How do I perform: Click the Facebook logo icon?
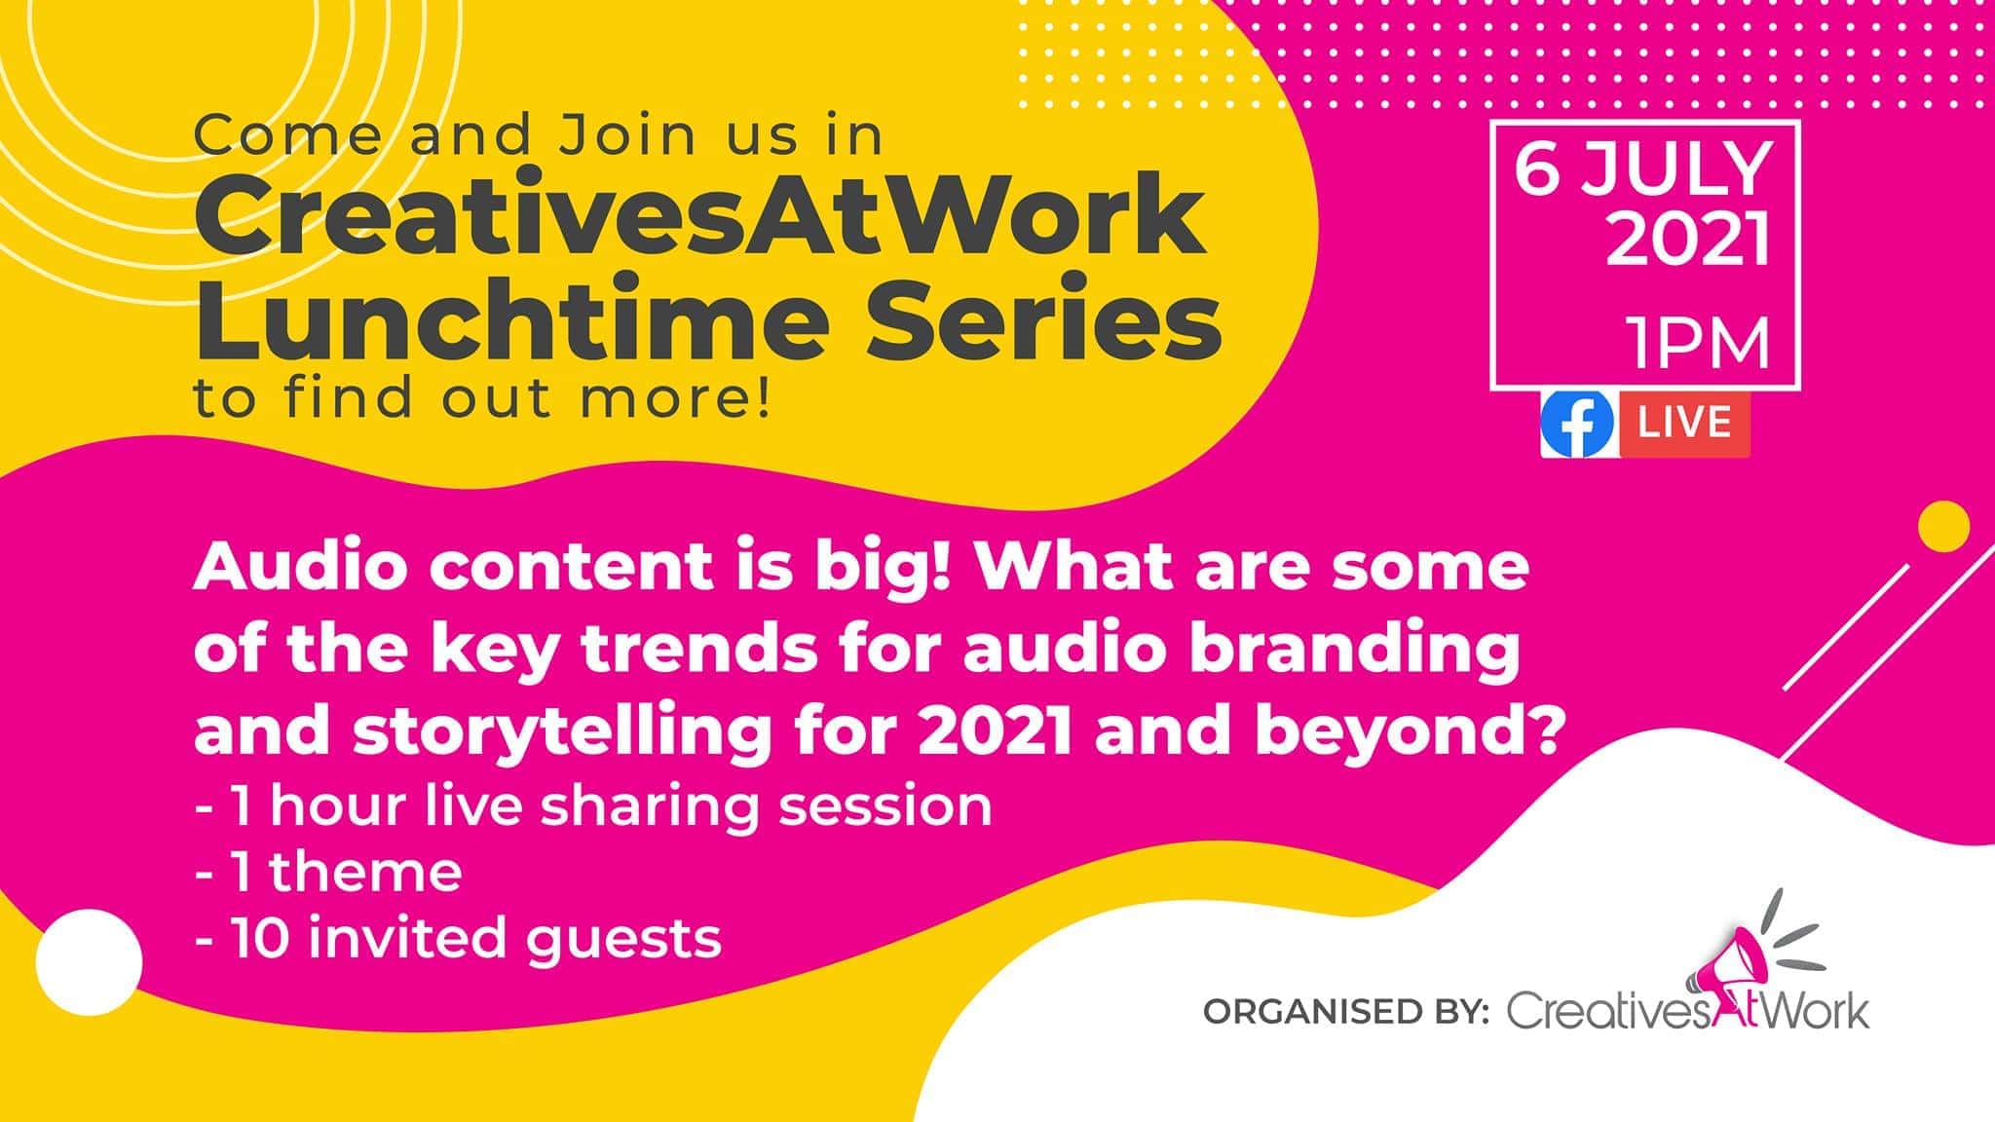(x=1577, y=425)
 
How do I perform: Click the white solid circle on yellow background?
(x=89, y=962)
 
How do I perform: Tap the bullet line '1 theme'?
(x=329, y=873)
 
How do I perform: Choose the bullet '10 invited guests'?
(x=458, y=938)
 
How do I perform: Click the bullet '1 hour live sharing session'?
(x=593, y=806)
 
